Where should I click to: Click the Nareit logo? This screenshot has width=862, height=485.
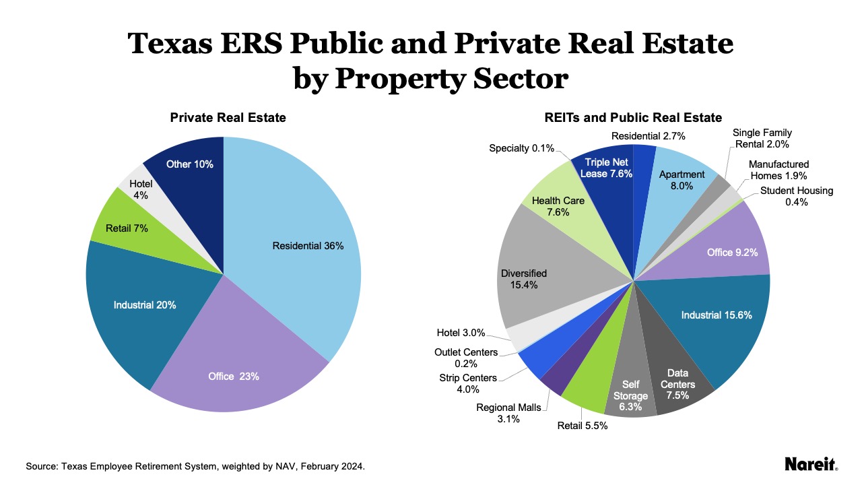point(811,464)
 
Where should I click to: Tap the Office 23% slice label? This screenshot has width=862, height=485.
point(233,377)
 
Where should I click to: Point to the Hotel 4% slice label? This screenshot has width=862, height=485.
point(141,189)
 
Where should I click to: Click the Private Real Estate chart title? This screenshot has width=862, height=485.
point(228,118)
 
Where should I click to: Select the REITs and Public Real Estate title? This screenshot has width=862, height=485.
point(632,118)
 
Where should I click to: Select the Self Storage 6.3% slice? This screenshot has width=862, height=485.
point(630,395)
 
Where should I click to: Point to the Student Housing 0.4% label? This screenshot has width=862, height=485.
point(796,196)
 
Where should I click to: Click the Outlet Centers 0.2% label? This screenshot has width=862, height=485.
point(466,358)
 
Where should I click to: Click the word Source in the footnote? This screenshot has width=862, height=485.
point(42,466)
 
